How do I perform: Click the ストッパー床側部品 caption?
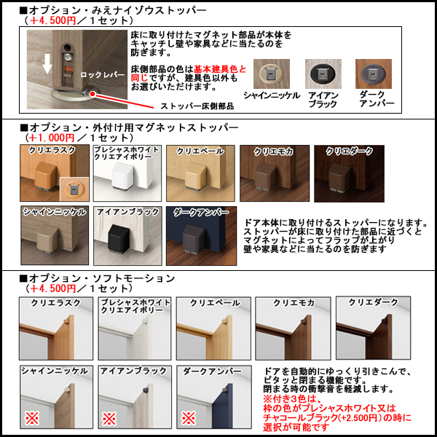[197, 106]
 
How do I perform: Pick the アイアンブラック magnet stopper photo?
[126, 235]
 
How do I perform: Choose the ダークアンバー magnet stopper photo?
[200, 235]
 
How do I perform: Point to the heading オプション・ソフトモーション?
[101, 278]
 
